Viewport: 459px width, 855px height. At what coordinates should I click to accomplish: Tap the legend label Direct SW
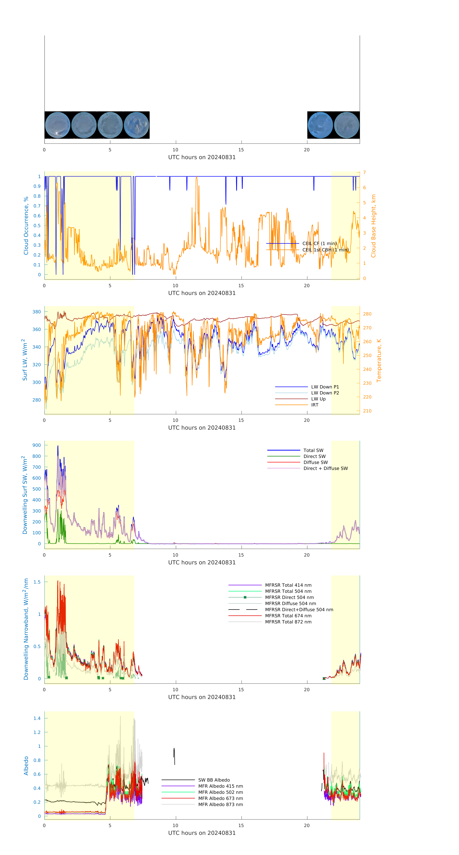(x=314, y=456)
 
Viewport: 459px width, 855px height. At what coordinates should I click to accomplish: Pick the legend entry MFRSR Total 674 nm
(x=288, y=616)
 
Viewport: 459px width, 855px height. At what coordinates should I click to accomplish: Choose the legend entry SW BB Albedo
(x=214, y=780)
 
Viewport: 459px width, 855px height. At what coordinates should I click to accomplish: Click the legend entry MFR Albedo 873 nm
(x=220, y=805)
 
